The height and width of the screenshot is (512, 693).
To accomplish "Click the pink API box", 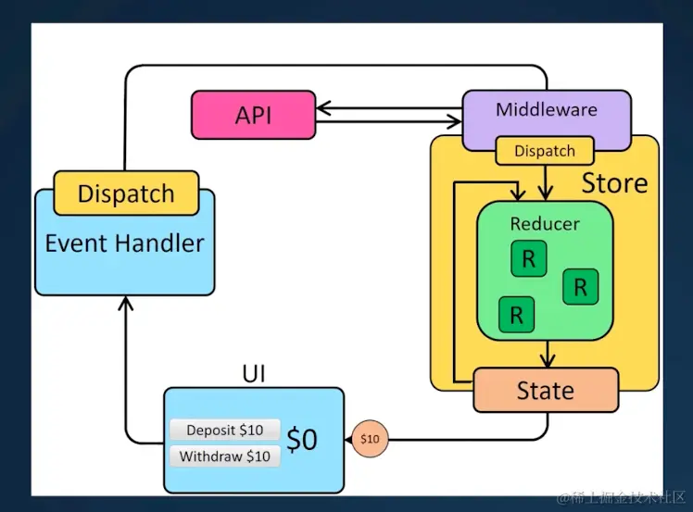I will [252, 115].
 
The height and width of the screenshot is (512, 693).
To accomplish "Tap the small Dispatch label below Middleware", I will [545, 151].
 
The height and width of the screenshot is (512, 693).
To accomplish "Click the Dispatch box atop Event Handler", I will [126, 194].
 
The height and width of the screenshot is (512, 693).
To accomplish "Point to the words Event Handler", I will [125, 244].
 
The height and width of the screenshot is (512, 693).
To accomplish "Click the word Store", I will [614, 182].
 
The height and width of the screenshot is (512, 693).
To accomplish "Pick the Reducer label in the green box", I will [545, 224].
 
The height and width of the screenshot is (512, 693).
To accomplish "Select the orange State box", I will [545, 390].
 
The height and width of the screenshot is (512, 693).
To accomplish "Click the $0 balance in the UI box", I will [302, 439].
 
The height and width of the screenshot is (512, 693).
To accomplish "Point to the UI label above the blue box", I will [254, 374].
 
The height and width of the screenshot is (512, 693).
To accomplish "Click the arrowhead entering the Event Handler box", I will [126, 303].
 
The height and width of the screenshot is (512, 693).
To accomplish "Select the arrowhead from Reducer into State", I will [547, 359].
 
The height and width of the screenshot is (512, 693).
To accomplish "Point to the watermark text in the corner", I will [619, 497].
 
